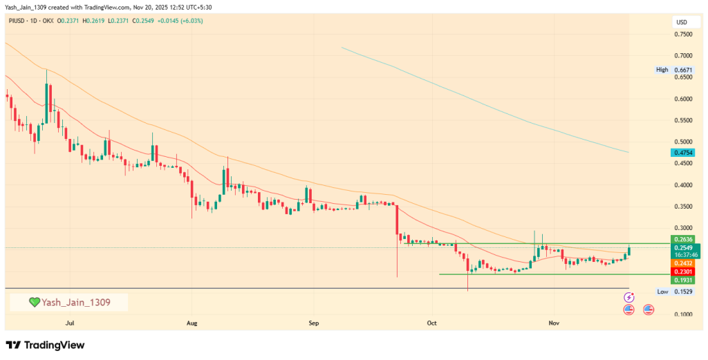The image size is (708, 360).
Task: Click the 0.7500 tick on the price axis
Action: point(683,34)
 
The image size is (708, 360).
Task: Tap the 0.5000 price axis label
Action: point(683,142)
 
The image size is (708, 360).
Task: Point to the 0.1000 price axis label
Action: point(683,314)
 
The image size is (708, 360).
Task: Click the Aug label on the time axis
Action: point(192,323)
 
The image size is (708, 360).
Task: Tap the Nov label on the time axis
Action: point(553,323)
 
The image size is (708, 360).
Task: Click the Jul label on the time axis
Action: point(69,323)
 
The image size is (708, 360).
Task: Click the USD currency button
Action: point(682,23)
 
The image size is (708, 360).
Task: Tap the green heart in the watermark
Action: point(34,303)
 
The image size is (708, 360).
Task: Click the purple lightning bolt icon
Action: point(629,297)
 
